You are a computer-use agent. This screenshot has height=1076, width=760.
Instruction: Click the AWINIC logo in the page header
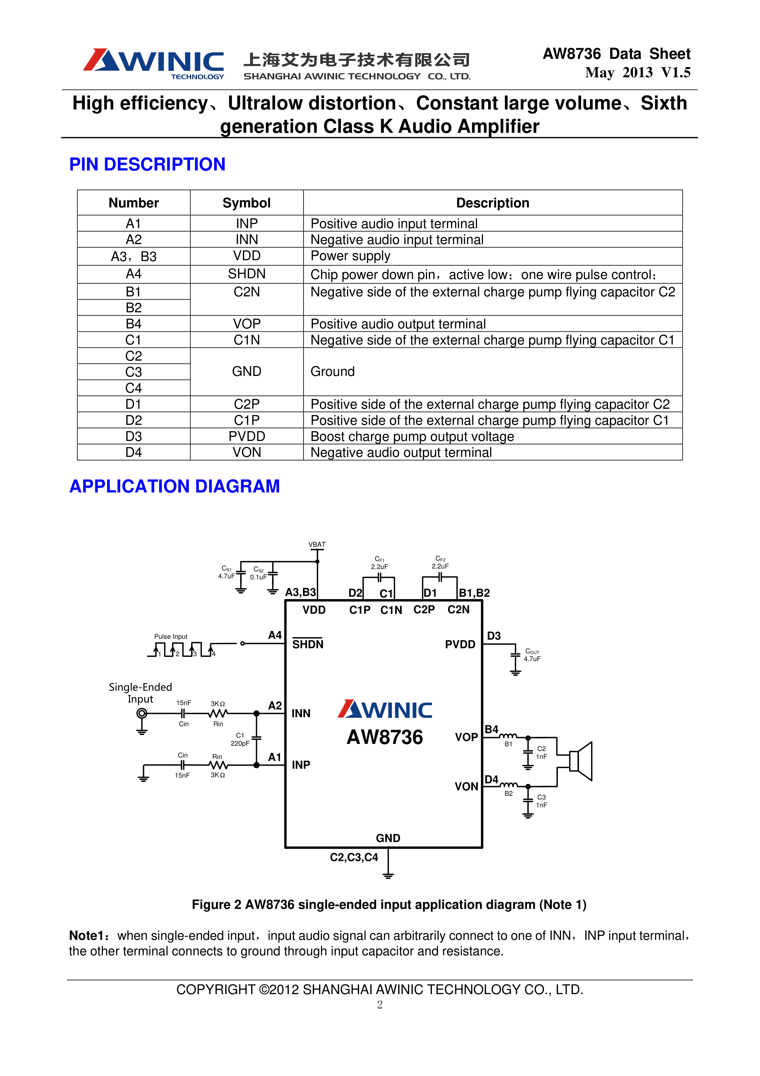(153, 63)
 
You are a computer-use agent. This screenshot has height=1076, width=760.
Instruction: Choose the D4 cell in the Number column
(134, 452)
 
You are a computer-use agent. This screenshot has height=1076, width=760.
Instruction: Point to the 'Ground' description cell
(332, 372)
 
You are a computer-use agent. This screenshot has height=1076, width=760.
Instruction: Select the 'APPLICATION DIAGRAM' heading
(174, 486)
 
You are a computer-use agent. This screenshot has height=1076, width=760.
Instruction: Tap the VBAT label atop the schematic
(317, 545)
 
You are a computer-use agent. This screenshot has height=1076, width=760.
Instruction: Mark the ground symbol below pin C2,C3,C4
(388, 875)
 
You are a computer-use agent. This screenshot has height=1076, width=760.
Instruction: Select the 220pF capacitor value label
(240, 744)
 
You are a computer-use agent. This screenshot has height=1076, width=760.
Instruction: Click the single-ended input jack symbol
(142, 713)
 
